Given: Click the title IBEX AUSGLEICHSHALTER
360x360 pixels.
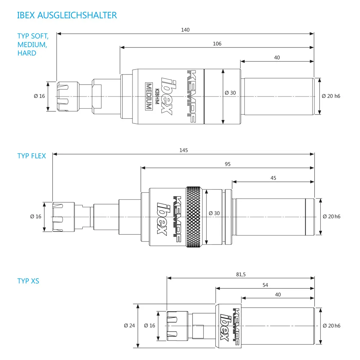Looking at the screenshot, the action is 67,15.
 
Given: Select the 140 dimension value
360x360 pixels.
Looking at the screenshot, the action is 185,30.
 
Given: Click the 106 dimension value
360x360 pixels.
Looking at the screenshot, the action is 217,44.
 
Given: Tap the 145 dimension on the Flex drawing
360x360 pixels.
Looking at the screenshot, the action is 184,150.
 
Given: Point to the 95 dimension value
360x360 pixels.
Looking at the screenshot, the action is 228,164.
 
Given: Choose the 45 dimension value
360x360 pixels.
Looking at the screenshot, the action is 273,178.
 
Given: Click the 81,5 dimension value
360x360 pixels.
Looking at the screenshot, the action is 241,274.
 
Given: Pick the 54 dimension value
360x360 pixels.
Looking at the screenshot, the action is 265,285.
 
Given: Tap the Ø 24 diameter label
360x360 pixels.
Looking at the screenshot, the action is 130,325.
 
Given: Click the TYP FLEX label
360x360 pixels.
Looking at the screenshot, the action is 32,156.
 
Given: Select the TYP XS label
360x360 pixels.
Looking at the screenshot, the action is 28,281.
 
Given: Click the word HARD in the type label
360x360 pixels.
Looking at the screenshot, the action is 27,53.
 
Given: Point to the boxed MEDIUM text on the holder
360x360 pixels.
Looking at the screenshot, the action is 149,96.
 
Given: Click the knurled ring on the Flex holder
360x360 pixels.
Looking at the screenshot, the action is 194,217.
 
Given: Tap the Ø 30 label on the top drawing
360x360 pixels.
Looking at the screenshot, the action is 230,93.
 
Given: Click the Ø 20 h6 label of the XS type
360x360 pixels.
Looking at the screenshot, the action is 332,325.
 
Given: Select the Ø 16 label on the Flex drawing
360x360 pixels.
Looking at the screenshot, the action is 36,216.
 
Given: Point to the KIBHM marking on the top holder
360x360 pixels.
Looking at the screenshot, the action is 157,96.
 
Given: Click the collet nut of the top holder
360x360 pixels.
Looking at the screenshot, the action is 68,96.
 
